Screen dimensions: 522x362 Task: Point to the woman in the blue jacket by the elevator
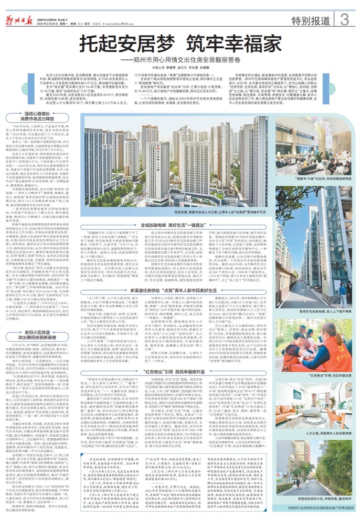tap(343, 291)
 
